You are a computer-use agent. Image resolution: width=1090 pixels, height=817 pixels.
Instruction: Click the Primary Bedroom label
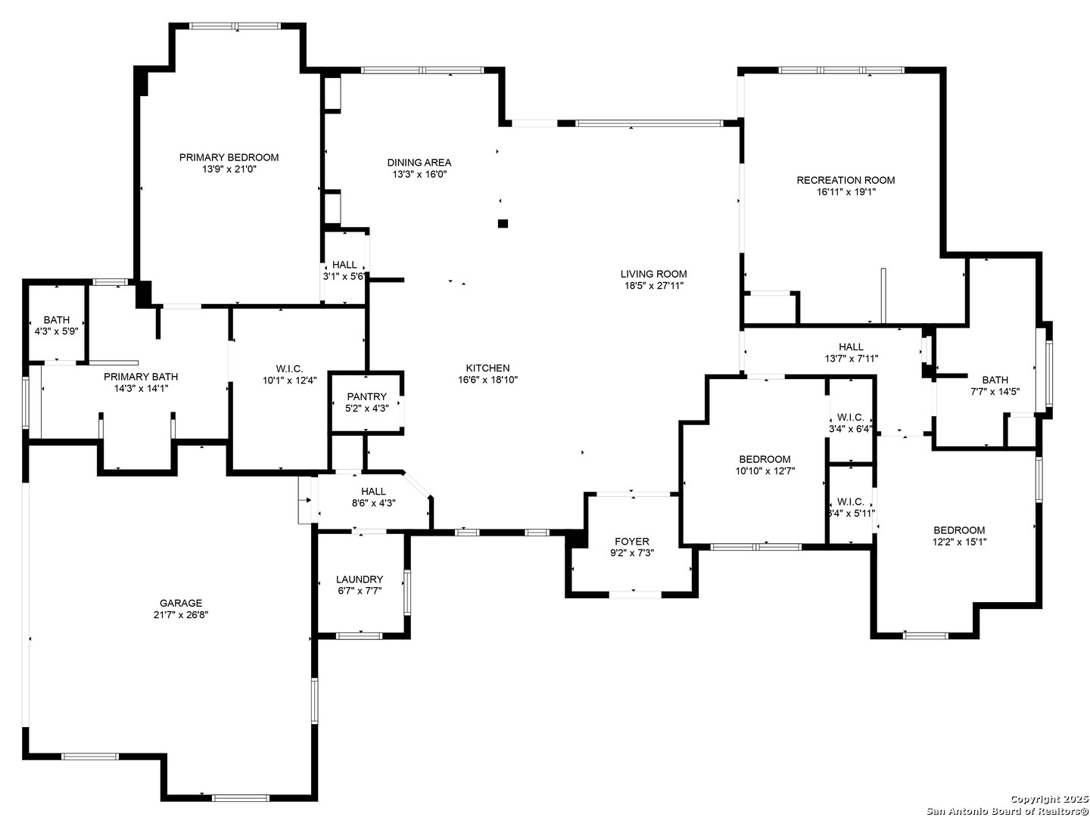tap(229, 157)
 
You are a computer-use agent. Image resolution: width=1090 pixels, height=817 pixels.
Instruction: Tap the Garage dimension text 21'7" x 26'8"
tap(181, 614)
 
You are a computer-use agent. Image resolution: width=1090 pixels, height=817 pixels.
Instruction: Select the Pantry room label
tap(366, 396)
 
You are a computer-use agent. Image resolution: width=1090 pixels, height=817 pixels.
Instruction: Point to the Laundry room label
tap(359, 579)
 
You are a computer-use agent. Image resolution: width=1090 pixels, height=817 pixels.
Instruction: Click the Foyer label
tap(631, 541)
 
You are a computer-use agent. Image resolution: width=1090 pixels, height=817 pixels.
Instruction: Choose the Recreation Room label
tap(846, 180)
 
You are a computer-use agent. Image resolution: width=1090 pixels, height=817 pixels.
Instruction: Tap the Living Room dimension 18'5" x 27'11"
tap(653, 285)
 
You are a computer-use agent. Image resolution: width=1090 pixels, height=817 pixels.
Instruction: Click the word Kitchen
tap(487, 368)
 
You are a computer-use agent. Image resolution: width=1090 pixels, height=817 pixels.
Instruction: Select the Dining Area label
tap(419, 162)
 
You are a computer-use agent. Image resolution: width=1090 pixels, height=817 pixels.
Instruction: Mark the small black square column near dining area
tap(503, 223)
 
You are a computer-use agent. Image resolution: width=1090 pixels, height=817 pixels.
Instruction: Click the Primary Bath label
tap(141, 377)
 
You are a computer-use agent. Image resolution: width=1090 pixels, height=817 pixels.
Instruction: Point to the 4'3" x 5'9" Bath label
tap(56, 320)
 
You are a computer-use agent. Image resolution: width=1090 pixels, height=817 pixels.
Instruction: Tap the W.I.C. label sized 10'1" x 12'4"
tap(289, 368)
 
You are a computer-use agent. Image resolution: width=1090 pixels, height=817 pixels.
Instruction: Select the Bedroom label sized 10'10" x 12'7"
tap(765, 459)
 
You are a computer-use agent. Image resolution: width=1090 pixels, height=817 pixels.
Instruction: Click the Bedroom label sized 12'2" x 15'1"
tap(959, 530)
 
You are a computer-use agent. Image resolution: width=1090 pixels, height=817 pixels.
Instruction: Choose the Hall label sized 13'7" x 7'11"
tap(851, 346)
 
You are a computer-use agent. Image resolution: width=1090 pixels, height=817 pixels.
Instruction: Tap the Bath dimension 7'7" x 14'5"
tap(995, 391)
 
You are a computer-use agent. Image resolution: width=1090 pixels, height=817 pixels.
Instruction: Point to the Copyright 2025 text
tap(1049, 799)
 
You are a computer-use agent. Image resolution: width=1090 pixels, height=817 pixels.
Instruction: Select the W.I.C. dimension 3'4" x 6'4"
tap(850, 429)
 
